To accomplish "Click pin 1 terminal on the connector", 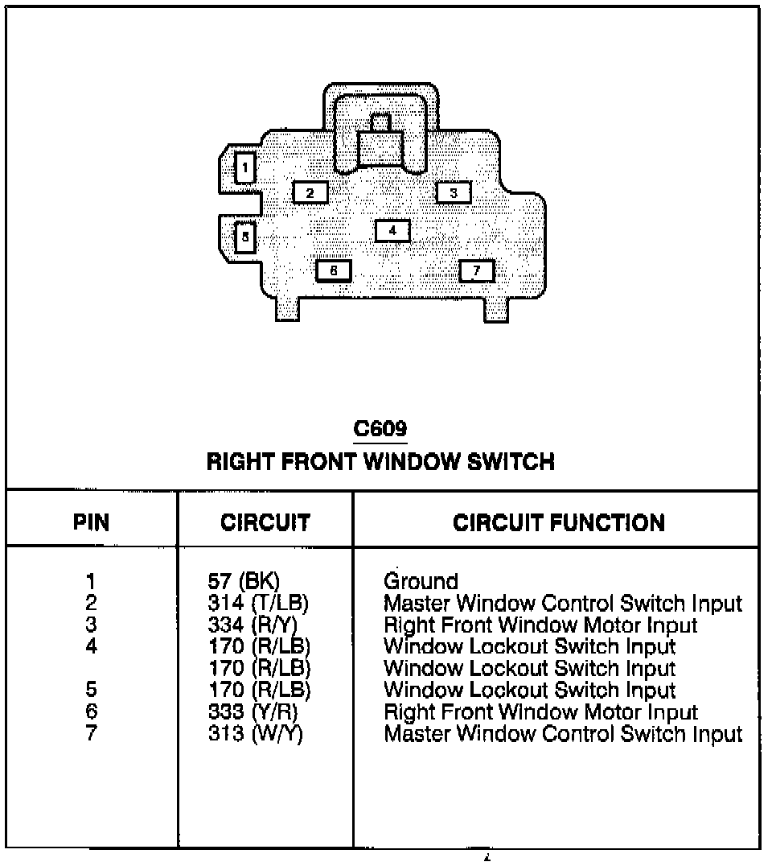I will coord(244,169).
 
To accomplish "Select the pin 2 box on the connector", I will coord(310,192).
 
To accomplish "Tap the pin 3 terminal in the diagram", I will coord(454,192).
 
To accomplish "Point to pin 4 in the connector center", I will coord(392,231).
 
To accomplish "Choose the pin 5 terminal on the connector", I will coord(244,237).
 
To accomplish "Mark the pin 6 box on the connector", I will coord(334,270).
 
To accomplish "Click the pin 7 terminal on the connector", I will coord(477,270).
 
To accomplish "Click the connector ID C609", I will coord(380,430).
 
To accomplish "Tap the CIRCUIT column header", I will coord(265,522).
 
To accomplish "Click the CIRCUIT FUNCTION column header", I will coord(559,522).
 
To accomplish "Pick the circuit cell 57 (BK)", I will coord(243,581).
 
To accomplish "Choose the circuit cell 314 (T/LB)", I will coord(257,603).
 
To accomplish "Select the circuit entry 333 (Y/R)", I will coord(253,712).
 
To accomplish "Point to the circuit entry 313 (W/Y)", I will coord(255,734).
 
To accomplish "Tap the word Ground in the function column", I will coord(421,581).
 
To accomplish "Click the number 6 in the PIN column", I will coord(91,712).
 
